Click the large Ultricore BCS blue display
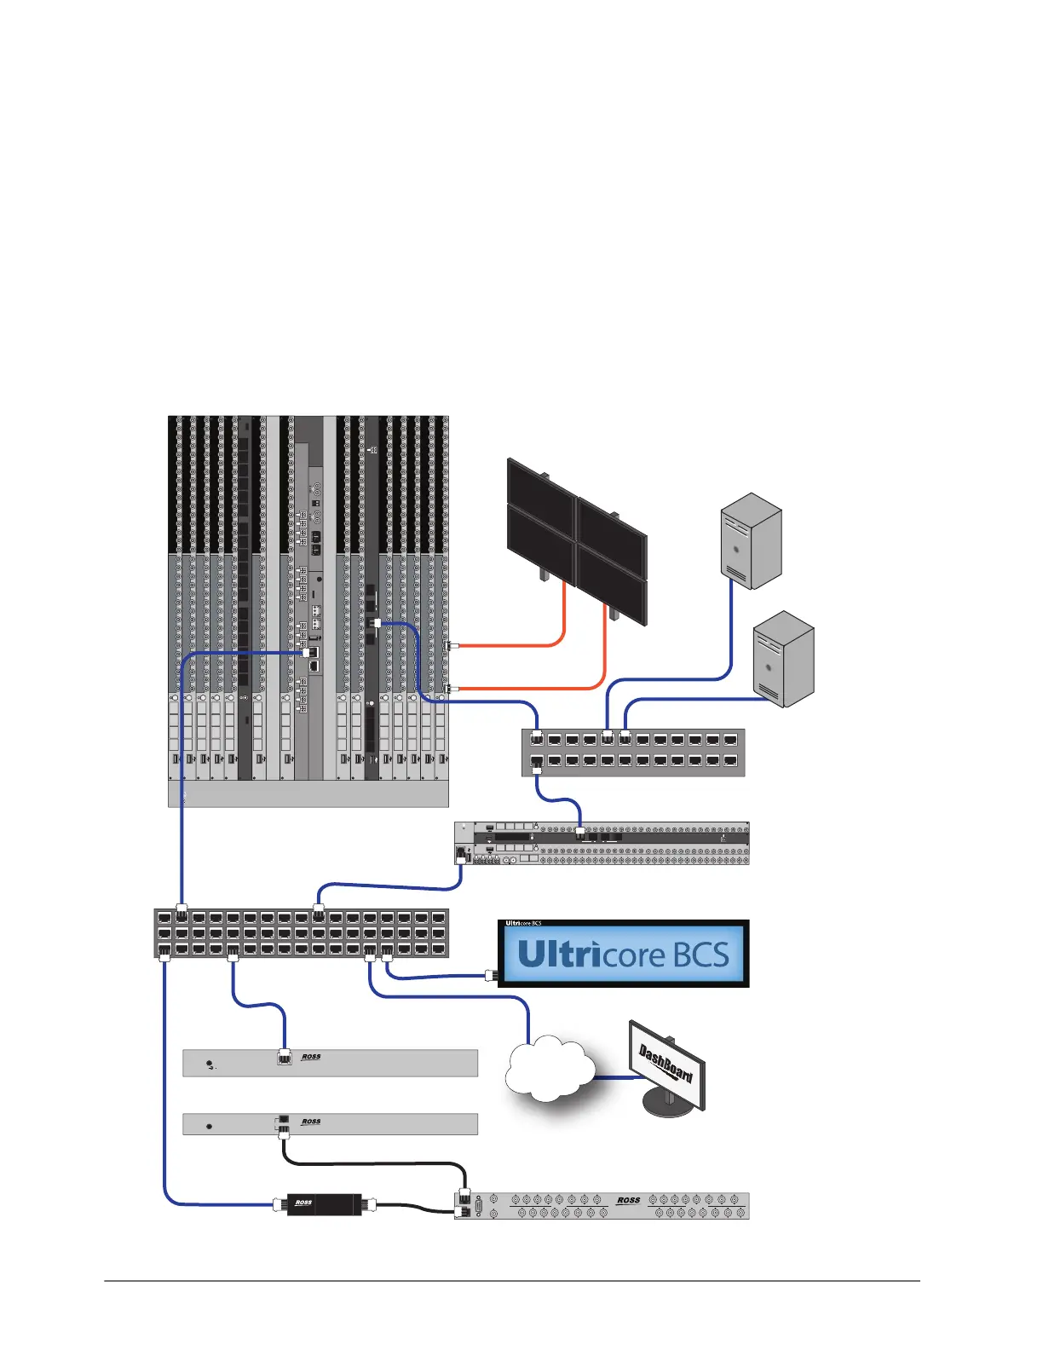(623, 955)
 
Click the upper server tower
(751, 540)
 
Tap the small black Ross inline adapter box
(323, 1204)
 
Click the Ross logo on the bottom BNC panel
(628, 1200)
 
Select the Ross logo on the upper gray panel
(311, 1057)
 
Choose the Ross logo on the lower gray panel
(311, 1122)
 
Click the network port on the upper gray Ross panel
(285, 1058)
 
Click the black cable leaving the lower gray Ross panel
(375, 1163)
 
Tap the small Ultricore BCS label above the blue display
(523, 923)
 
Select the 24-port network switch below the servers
(633, 752)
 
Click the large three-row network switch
(301, 933)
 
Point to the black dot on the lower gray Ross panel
(210, 1127)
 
